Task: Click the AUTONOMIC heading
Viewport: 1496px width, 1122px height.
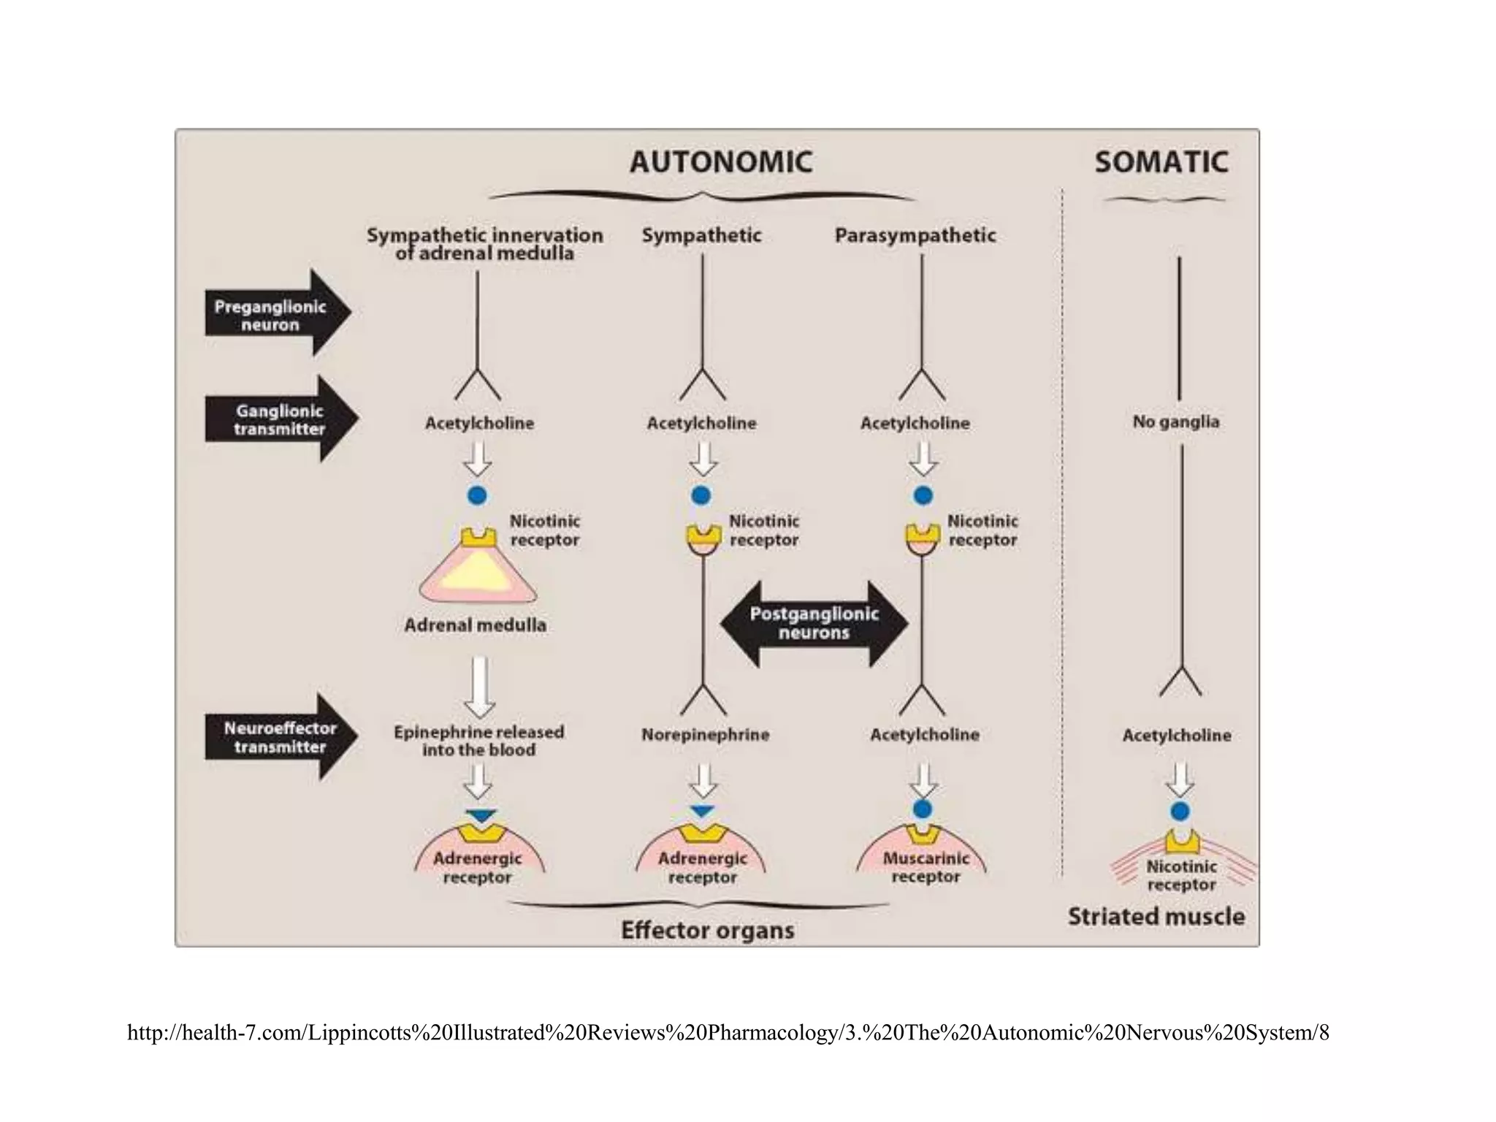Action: point(720,162)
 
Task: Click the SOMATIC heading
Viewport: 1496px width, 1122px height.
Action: point(1161,162)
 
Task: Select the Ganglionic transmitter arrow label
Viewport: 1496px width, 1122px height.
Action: point(279,420)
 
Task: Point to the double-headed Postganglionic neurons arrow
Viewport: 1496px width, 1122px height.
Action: point(814,624)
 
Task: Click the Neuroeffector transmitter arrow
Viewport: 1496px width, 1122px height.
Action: point(280,738)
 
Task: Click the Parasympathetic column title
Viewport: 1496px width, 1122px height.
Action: point(915,235)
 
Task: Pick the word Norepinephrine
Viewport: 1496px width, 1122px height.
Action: point(705,735)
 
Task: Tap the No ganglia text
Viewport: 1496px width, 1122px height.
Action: point(1175,421)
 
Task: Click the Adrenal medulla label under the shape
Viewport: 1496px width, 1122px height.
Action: point(476,625)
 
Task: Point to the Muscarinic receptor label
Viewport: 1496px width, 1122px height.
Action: point(926,867)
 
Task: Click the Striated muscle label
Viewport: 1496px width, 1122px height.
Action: point(1156,916)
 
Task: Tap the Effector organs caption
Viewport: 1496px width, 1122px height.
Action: point(707,931)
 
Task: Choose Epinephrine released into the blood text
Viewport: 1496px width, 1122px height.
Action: point(478,741)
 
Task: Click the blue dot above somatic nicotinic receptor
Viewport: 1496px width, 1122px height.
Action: point(1180,811)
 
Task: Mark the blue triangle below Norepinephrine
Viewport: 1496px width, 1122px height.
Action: point(702,811)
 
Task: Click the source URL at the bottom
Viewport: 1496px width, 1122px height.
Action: point(728,1033)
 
